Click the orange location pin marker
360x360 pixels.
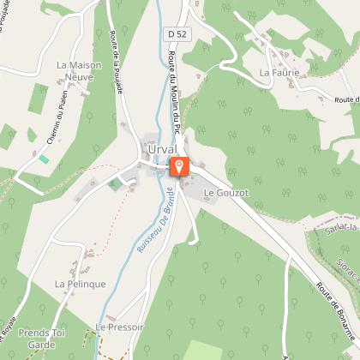click(x=179, y=166)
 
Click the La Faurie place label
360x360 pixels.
click(x=279, y=74)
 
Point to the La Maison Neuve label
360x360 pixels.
click(x=79, y=71)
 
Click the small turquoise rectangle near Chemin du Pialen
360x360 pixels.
click(x=44, y=159)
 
